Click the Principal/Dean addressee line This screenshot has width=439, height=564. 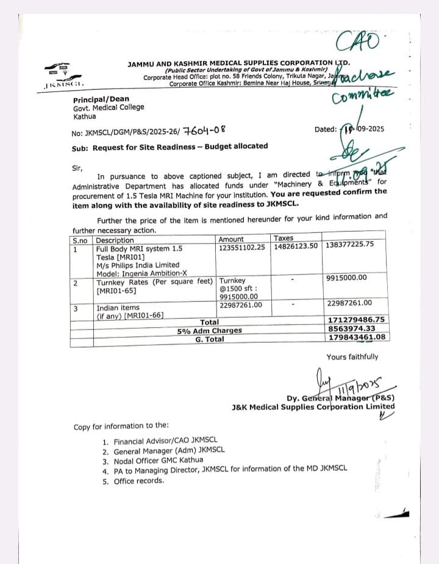(x=101, y=99)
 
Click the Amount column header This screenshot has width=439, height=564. (x=231, y=240)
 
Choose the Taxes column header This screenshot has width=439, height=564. (x=284, y=238)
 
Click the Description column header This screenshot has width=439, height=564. (x=115, y=240)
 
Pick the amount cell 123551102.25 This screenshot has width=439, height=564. (x=242, y=248)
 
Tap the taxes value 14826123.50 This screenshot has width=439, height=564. (x=296, y=246)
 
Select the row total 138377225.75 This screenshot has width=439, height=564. (x=350, y=245)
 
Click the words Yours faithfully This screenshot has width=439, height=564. (x=352, y=357)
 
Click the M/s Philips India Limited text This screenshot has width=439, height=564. (x=138, y=265)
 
